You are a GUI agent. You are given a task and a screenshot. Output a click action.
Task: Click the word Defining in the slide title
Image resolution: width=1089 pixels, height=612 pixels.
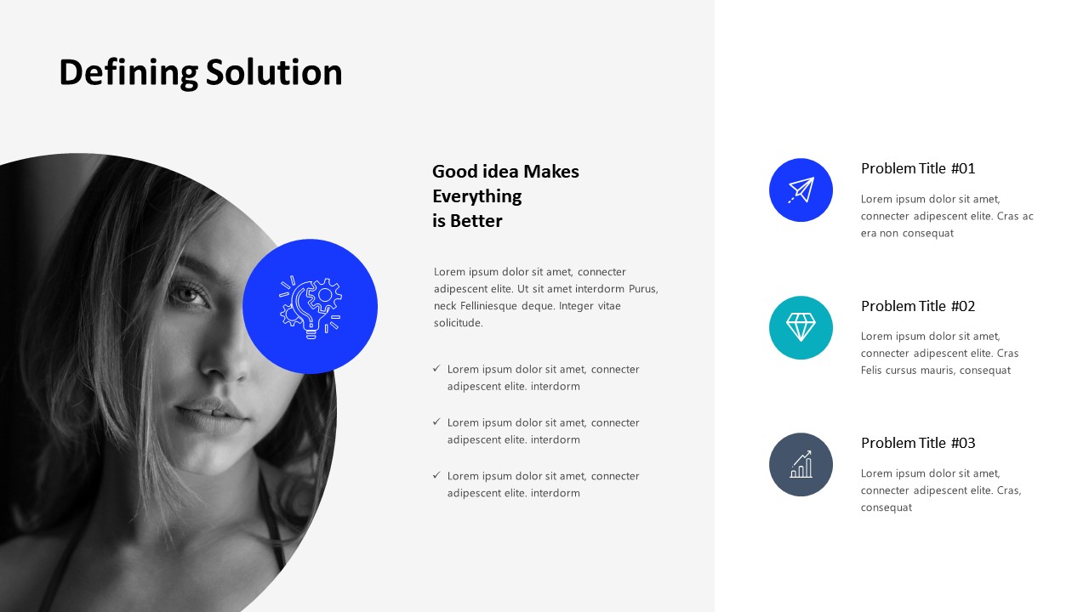click(x=128, y=73)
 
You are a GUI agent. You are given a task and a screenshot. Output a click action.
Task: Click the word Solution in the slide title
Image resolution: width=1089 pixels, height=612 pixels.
click(x=274, y=72)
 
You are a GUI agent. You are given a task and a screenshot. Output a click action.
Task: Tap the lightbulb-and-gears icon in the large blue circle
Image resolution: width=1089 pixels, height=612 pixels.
click(x=311, y=307)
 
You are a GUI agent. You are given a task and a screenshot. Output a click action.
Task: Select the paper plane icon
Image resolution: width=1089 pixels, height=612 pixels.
click(x=801, y=190)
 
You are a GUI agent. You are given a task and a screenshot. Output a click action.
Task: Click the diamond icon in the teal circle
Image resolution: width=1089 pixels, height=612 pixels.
click(x=801, y=327)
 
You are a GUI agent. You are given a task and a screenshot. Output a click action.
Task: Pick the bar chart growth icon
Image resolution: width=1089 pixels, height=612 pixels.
click(x=801, y=464)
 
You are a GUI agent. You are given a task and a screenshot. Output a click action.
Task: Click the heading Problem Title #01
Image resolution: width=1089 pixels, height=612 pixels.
click(x=918, y=168)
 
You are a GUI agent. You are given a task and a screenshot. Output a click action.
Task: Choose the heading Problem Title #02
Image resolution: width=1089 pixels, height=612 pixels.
click(x=918, y=306)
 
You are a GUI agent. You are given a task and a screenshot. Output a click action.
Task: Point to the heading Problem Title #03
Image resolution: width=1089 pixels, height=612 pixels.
click(x=918, y=443)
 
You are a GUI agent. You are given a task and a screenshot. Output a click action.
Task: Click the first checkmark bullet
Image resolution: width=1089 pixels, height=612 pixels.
click(x=436, y=369)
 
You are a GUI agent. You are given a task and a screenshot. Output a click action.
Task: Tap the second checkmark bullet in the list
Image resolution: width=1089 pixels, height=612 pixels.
click(x=436, y=422)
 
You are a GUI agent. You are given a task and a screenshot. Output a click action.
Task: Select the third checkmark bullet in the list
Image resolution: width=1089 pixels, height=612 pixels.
click(x=436, y=475)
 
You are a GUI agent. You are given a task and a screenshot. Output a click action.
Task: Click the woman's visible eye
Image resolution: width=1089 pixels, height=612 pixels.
click(x=187, y=294)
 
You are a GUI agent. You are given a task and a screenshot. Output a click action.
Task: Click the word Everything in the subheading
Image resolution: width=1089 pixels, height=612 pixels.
click(x=477, y=196)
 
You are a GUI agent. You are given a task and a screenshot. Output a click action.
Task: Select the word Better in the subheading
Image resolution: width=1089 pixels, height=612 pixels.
click(x=476, y=221)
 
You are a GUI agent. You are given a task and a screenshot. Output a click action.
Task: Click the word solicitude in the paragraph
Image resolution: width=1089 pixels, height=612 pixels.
click(x=458, y=323)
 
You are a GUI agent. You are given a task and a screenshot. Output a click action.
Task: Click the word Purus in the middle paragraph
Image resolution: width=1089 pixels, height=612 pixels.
click(x=643, y=289)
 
